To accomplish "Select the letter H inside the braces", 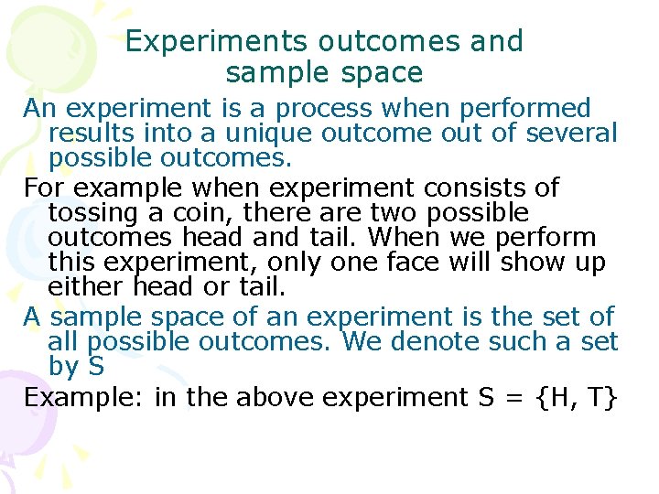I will (x=551, y=398).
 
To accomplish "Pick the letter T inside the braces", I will (x=597, y=398).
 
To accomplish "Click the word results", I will (x=87, y=134).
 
